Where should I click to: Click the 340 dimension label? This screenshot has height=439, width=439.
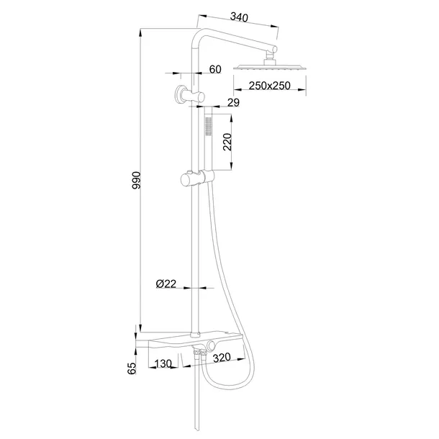pyautogui.click(x=239, y=17)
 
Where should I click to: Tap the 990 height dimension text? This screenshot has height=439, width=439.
pyautogui.click(x=137, y=181)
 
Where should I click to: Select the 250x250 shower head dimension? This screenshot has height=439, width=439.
pyautogui.click(x=270, y=86)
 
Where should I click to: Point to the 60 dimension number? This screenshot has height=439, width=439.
pyautogui.click(x=215, y=69)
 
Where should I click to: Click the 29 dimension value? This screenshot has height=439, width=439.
pyautogui.click(x=233, y=102)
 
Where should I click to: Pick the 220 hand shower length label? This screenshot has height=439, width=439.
pyautogui.click(x=227, y=142)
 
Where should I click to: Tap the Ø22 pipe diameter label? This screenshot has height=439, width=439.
pyautogui.click(x=166, y=284)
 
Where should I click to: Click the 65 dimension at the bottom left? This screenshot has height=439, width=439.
pyautogui.click(x=132, y=368)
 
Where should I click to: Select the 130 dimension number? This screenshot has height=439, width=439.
pyautogui.click(x=163, y=363)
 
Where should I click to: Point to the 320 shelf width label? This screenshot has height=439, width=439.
pyautogui.click(x=222, y=357)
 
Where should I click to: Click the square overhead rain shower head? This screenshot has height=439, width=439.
pyautogui.click(x=270, y=67)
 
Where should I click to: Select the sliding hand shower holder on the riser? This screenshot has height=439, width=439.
pyautogui.click(x=197, y=178)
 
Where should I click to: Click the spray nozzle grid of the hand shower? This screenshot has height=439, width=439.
pyautogui.click(x=208, y=126)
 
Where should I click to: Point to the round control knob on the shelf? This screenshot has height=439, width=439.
pyautogui.click(x=211, y=346)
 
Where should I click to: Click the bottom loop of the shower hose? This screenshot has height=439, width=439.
pyautogui.click(x=224, y=386)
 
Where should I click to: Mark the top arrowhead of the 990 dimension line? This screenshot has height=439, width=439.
pyautogui.click(x=140, y=32)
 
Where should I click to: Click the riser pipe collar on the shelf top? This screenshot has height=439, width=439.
pyautogui.click(x=194, y=335)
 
